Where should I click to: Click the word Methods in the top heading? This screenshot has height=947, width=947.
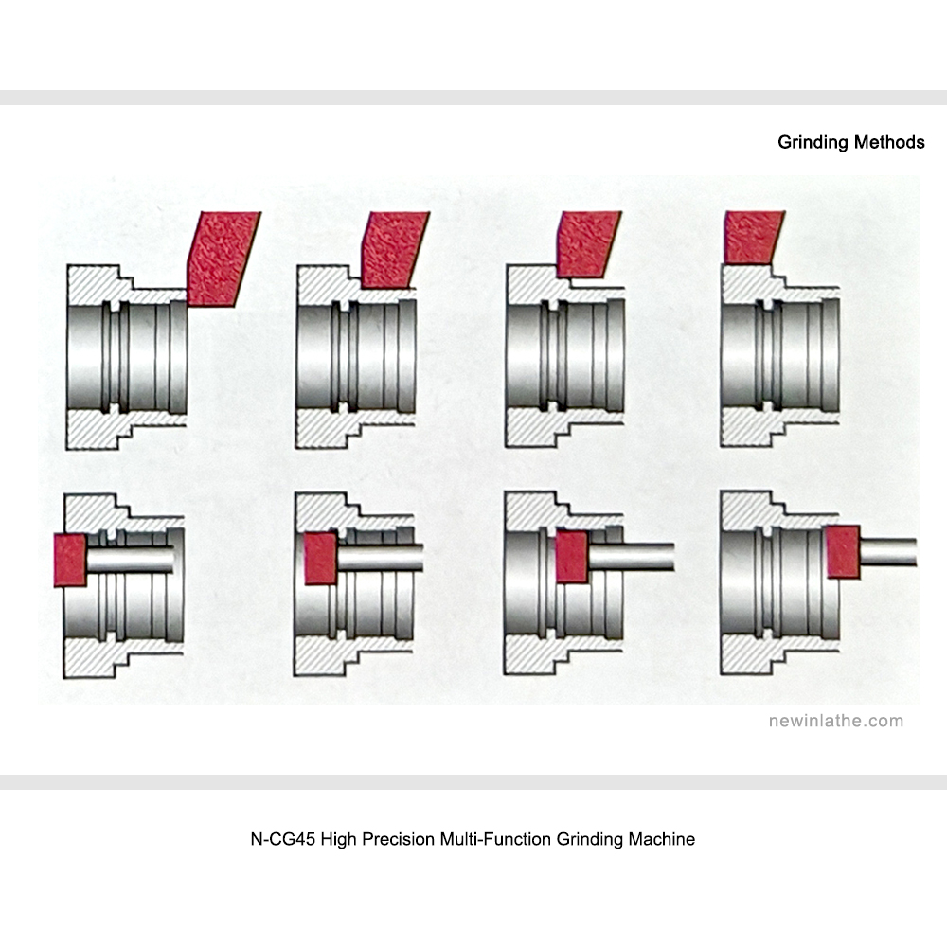pyautogui.click(x=889, y=143)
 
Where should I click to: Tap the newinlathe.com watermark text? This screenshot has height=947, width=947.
pyautogui.click(x=835, y=721)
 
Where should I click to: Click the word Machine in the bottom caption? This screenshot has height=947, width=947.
pyautogui.click(x=661, y=839)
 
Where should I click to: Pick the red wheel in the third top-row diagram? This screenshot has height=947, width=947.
pyautogui.click(x=588, y=243)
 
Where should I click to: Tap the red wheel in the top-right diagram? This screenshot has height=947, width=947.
pyautogui.click(x=750, y=237)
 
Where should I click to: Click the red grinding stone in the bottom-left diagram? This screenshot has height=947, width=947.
pyautogui.click(x=70, y=559)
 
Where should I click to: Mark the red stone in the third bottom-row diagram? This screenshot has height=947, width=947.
pyautogui.click(x=570, y=556)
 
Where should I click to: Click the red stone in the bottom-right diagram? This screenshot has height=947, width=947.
pyautogui.click(x=842, y=551)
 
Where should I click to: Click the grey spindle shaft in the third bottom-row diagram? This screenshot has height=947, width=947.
pyautogui.click(x=630, y=556)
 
